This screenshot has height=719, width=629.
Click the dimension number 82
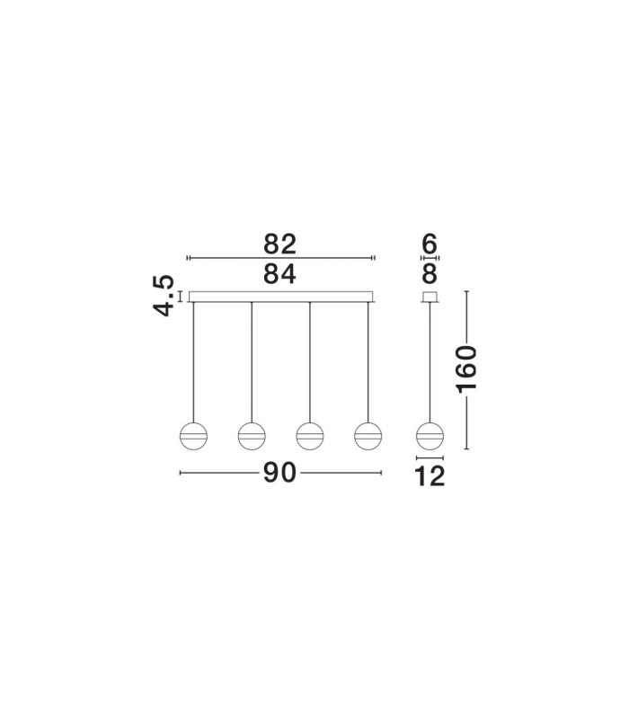click(x=279, y=244)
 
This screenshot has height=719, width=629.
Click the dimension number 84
click(x=279, y=274)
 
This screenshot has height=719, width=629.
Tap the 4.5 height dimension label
click(x=164, y=296)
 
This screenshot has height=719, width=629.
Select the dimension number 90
click(x=279, y=473)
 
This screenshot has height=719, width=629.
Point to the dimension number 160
click(x=466, y=369)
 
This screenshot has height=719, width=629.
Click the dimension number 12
click(x=430, y=476)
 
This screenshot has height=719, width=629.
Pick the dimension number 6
click(x=430, y=244)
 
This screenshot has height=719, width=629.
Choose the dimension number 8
click(x=430, y=274)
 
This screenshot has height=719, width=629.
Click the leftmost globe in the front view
click(x=193, y=436)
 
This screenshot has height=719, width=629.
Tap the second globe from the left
click(x=252, y=436)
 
